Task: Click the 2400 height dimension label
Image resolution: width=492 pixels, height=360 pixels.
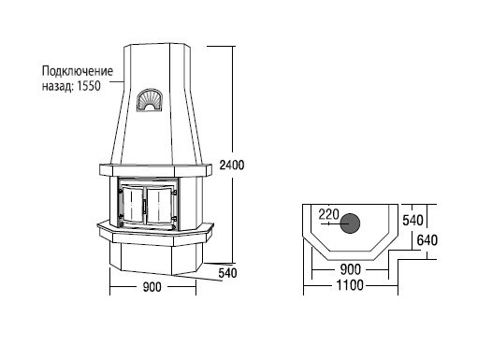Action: tap(232, 165)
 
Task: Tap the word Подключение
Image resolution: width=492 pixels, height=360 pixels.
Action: tap(78, 71)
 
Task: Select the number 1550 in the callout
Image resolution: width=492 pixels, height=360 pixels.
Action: tap(89, 86)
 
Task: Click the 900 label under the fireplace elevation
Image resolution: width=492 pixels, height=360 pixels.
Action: tap(152, 287)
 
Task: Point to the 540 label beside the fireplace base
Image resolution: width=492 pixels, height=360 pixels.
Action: tap(227, 273)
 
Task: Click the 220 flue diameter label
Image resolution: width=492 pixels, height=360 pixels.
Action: tap(328, 215)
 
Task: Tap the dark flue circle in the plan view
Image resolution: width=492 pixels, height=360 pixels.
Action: tap(350, 223)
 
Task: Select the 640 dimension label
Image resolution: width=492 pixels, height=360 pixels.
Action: tap(427, 240)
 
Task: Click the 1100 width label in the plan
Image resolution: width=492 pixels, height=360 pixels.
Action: tap(350, 285)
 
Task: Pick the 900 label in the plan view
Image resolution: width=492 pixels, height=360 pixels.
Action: tap(351, 269)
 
